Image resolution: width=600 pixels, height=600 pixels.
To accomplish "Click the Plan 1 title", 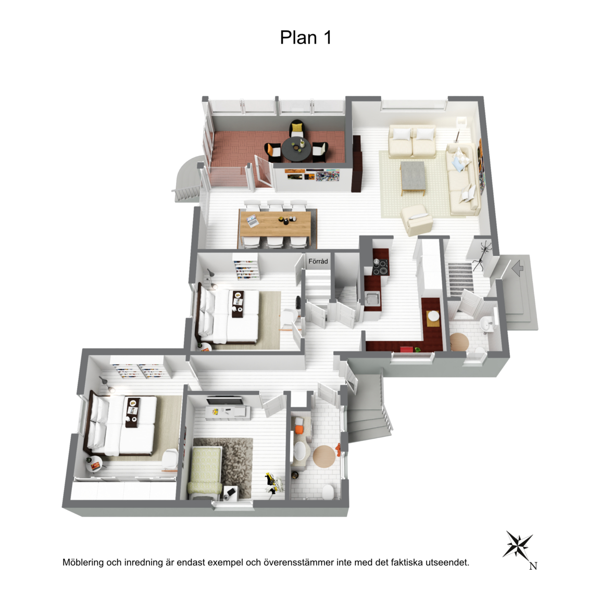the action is click(x=305, y=37).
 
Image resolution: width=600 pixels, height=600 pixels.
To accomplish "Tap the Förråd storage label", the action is click(x=318, y=261).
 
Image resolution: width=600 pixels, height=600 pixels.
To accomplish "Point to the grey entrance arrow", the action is click(x=517, y=268).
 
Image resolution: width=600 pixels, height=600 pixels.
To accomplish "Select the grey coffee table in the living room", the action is click(x=413, y=177).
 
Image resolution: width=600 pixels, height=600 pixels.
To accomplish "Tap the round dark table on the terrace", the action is click(x=296, y=148).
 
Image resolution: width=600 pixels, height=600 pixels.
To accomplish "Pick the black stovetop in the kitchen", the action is click(x=380, y=267).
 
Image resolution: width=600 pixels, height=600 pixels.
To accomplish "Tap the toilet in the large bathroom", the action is click(x=328, y=491).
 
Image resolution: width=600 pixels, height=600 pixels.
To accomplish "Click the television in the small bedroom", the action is click(x=224, y=401).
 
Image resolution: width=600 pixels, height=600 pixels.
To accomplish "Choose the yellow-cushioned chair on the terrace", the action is click(x=297, y=128).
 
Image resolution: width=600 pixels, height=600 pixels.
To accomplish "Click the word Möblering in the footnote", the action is click(x=83, y=562).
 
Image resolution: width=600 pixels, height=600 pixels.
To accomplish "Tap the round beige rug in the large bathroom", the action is click(x=324, y=456).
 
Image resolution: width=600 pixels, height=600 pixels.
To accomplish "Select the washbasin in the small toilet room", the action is click(x=488, y=324).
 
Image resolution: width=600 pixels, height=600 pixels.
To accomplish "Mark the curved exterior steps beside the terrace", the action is click(x=186, y=178).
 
